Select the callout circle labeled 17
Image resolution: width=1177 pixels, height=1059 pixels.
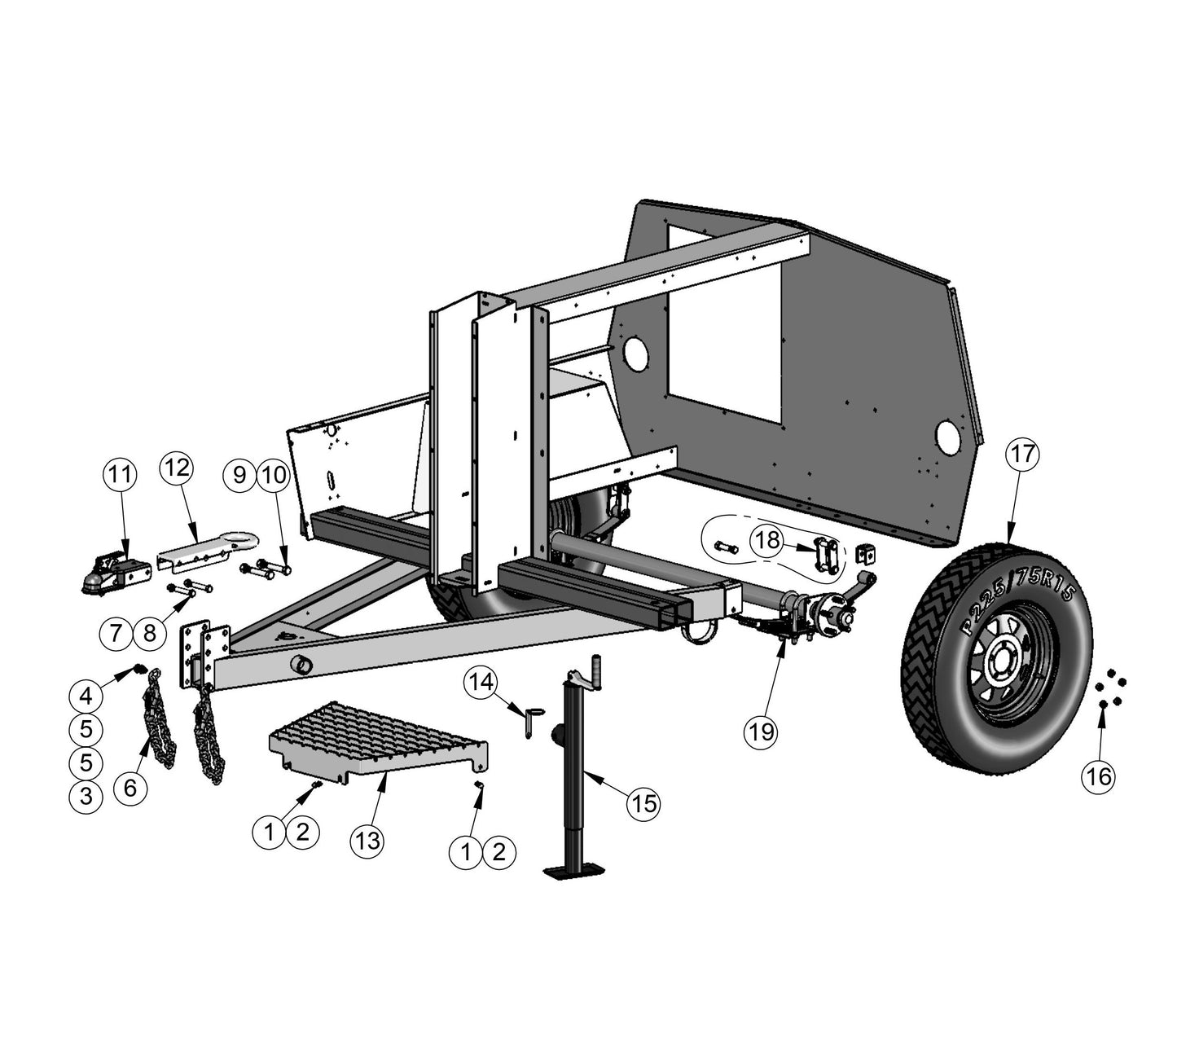[x=1023, y=454]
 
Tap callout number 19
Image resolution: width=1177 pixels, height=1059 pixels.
[x=762, y=731]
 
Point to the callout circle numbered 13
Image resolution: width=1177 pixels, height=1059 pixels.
[x=368, y=840]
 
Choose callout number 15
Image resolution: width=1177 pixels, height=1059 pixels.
[x=643, y=803]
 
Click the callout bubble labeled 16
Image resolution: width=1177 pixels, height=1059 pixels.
[x=1099, y=776]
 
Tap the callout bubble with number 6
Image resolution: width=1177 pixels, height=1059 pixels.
[x=130, y=787]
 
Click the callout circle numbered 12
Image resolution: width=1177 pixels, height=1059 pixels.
[x=177, y=468]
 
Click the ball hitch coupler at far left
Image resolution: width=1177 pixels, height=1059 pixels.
[x=112, y=573]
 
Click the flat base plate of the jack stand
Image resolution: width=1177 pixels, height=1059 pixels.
[x=576, y=872]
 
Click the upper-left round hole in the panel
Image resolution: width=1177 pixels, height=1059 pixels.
[x=635, y=354]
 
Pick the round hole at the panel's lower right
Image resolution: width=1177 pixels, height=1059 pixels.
[x=949, y=437]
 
